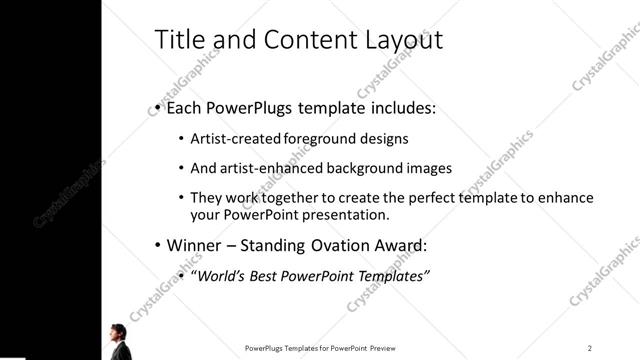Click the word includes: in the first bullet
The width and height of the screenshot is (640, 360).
point(397,108)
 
